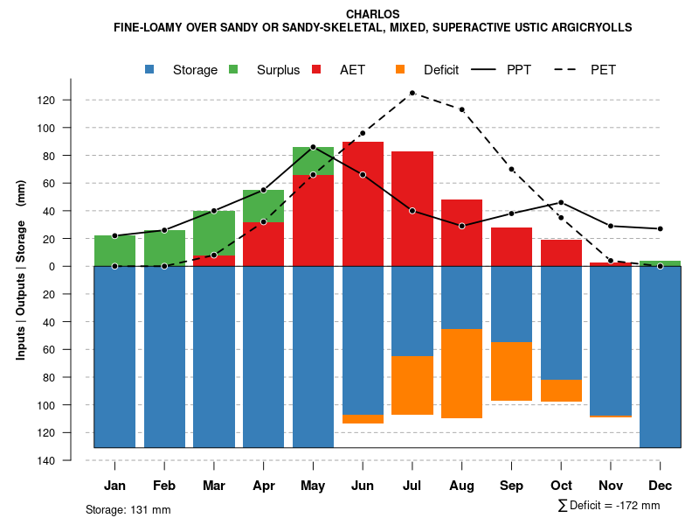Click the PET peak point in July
[x=412, y=93]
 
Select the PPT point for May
[x=313, y=147]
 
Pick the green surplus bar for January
[x=114, y=250]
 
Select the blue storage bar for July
[x=412, y=311]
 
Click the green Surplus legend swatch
[x=233, y=69]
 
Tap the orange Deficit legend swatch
[x=400, y=69]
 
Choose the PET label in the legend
[x=603, y=70]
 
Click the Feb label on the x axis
[x=164, y=486]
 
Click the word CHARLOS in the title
[x=373, y=14]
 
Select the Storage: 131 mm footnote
[x=128, y=509]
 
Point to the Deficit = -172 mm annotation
[x=609, y=506]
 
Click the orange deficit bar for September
[x=511, y=372]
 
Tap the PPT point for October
[x=561, y=202]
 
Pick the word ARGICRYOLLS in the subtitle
[x=586, y=28]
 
